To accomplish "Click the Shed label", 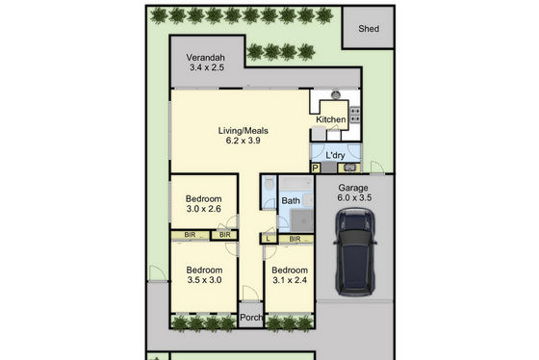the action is (x=369, y=29).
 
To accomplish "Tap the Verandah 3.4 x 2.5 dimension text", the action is (x=207, y=67).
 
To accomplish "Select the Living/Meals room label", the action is (x=243, y=131).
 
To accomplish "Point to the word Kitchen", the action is (x=331, y=119).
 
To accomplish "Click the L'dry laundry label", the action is (x=335, y=155).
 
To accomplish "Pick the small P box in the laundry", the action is (x=316, y=168).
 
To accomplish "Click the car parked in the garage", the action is (x=354, y=251).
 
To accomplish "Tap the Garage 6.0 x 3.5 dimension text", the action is (x=354, y=197).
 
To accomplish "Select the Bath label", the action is (x=291, y=200).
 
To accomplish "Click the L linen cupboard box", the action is (x=269, y=239).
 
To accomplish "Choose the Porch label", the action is (x=251, y=318).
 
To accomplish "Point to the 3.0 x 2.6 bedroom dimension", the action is (x=203, y=209).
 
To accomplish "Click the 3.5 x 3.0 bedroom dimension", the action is (x=204, y=280).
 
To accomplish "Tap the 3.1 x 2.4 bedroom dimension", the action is (x=290, y=280).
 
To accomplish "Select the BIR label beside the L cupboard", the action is (x=295, y=239).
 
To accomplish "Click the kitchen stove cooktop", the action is (x=355, y=115).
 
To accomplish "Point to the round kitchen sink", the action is (x=336, y=94).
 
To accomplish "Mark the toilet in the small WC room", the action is (x=269, y=184).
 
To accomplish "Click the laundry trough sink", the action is (x=349, y=167).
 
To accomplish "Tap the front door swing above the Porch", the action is (x=250, y=293).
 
